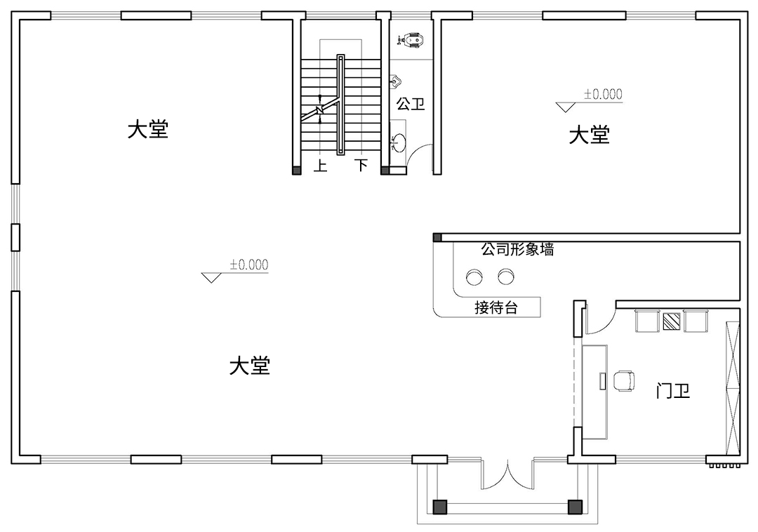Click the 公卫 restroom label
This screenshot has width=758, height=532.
[x=411, y=105]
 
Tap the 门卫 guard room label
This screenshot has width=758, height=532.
[x=673, y=391]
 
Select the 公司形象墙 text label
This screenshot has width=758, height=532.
[x=517, y=249]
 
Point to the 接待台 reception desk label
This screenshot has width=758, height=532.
[x=496, y=307]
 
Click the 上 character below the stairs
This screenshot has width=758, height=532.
[x=321, y=166]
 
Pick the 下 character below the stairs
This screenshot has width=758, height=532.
[x=361, y=166]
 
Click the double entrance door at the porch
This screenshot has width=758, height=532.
[x=507, y=474]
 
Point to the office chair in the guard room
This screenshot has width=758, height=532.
[x=623, y=381]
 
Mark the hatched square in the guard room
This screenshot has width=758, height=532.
[x=672, y=321]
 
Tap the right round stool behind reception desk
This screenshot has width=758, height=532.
[x=506, y=277]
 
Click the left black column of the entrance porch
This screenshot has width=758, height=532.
[x=440, y=505]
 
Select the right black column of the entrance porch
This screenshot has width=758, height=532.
[x=575, y=505]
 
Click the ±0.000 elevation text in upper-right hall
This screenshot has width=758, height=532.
[x=602, y=95]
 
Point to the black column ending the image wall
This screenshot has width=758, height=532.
[x=437, y=238]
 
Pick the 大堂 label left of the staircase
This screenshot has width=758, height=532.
[x=148, y=130]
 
